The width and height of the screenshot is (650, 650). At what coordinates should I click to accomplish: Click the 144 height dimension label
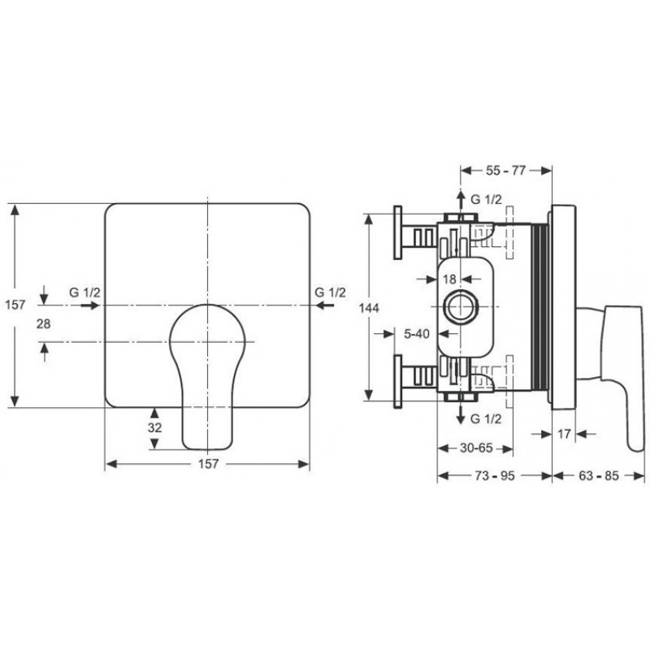(369, 308)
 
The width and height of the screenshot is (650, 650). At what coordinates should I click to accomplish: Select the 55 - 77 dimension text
(505, 171)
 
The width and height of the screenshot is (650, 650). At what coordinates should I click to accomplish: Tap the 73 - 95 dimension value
(495, 475)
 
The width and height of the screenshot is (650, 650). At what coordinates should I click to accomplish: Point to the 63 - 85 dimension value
(598, 475)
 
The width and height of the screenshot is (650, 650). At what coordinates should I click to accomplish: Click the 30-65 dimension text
(476, 448)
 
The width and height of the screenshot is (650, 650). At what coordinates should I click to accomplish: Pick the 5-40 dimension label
(417, 333)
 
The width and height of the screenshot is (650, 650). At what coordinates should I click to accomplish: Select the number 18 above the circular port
(449, 279)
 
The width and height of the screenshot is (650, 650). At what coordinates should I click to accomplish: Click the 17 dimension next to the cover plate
(564, 434)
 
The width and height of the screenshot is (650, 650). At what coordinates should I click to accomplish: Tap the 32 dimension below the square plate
(154, 427)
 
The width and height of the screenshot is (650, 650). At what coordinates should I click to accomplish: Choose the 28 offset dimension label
(44, 323)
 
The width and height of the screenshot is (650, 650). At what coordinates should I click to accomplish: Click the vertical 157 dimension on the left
(15, 305)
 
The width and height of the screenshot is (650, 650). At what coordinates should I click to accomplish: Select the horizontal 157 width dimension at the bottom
(208, 463)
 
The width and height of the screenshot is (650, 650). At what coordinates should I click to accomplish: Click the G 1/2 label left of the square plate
(84, 292)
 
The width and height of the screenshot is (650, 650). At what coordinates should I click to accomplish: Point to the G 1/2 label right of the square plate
(330, 292)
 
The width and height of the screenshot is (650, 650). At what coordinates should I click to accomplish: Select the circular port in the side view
(461, 307)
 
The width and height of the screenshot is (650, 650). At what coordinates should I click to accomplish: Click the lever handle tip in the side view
(635, 444)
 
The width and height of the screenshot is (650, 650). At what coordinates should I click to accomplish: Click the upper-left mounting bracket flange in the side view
(397, 232)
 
